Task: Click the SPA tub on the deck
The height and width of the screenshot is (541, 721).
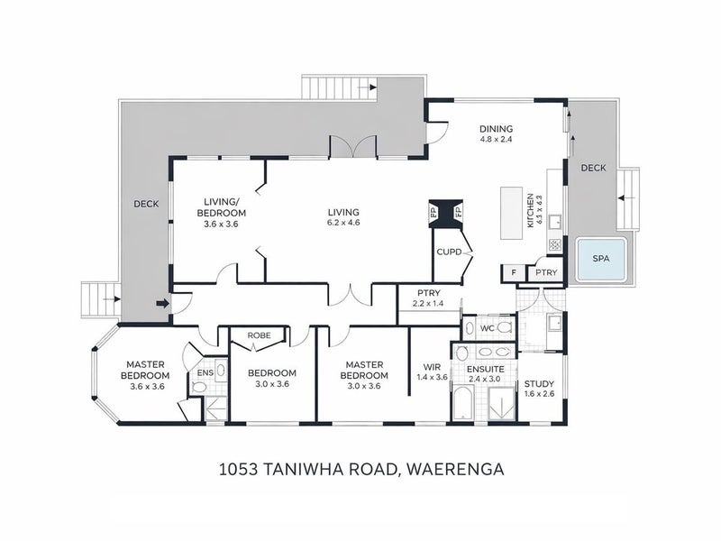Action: tap(599, 259)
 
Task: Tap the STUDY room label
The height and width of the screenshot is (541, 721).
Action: tap(539, 390)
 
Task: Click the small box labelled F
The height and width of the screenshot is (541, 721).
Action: tap(512, 272)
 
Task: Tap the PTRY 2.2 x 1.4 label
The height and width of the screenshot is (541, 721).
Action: tap(427, 298)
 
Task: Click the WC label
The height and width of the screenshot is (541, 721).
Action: tap(487, 328)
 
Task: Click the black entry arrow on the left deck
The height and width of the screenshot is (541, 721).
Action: tap(161, 304)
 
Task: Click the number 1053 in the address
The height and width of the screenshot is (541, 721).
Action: tap(239, 470)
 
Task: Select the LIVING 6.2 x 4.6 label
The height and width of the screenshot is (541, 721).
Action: tap(343, 217)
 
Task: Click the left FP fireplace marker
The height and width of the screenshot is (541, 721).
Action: tap(433, 214)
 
